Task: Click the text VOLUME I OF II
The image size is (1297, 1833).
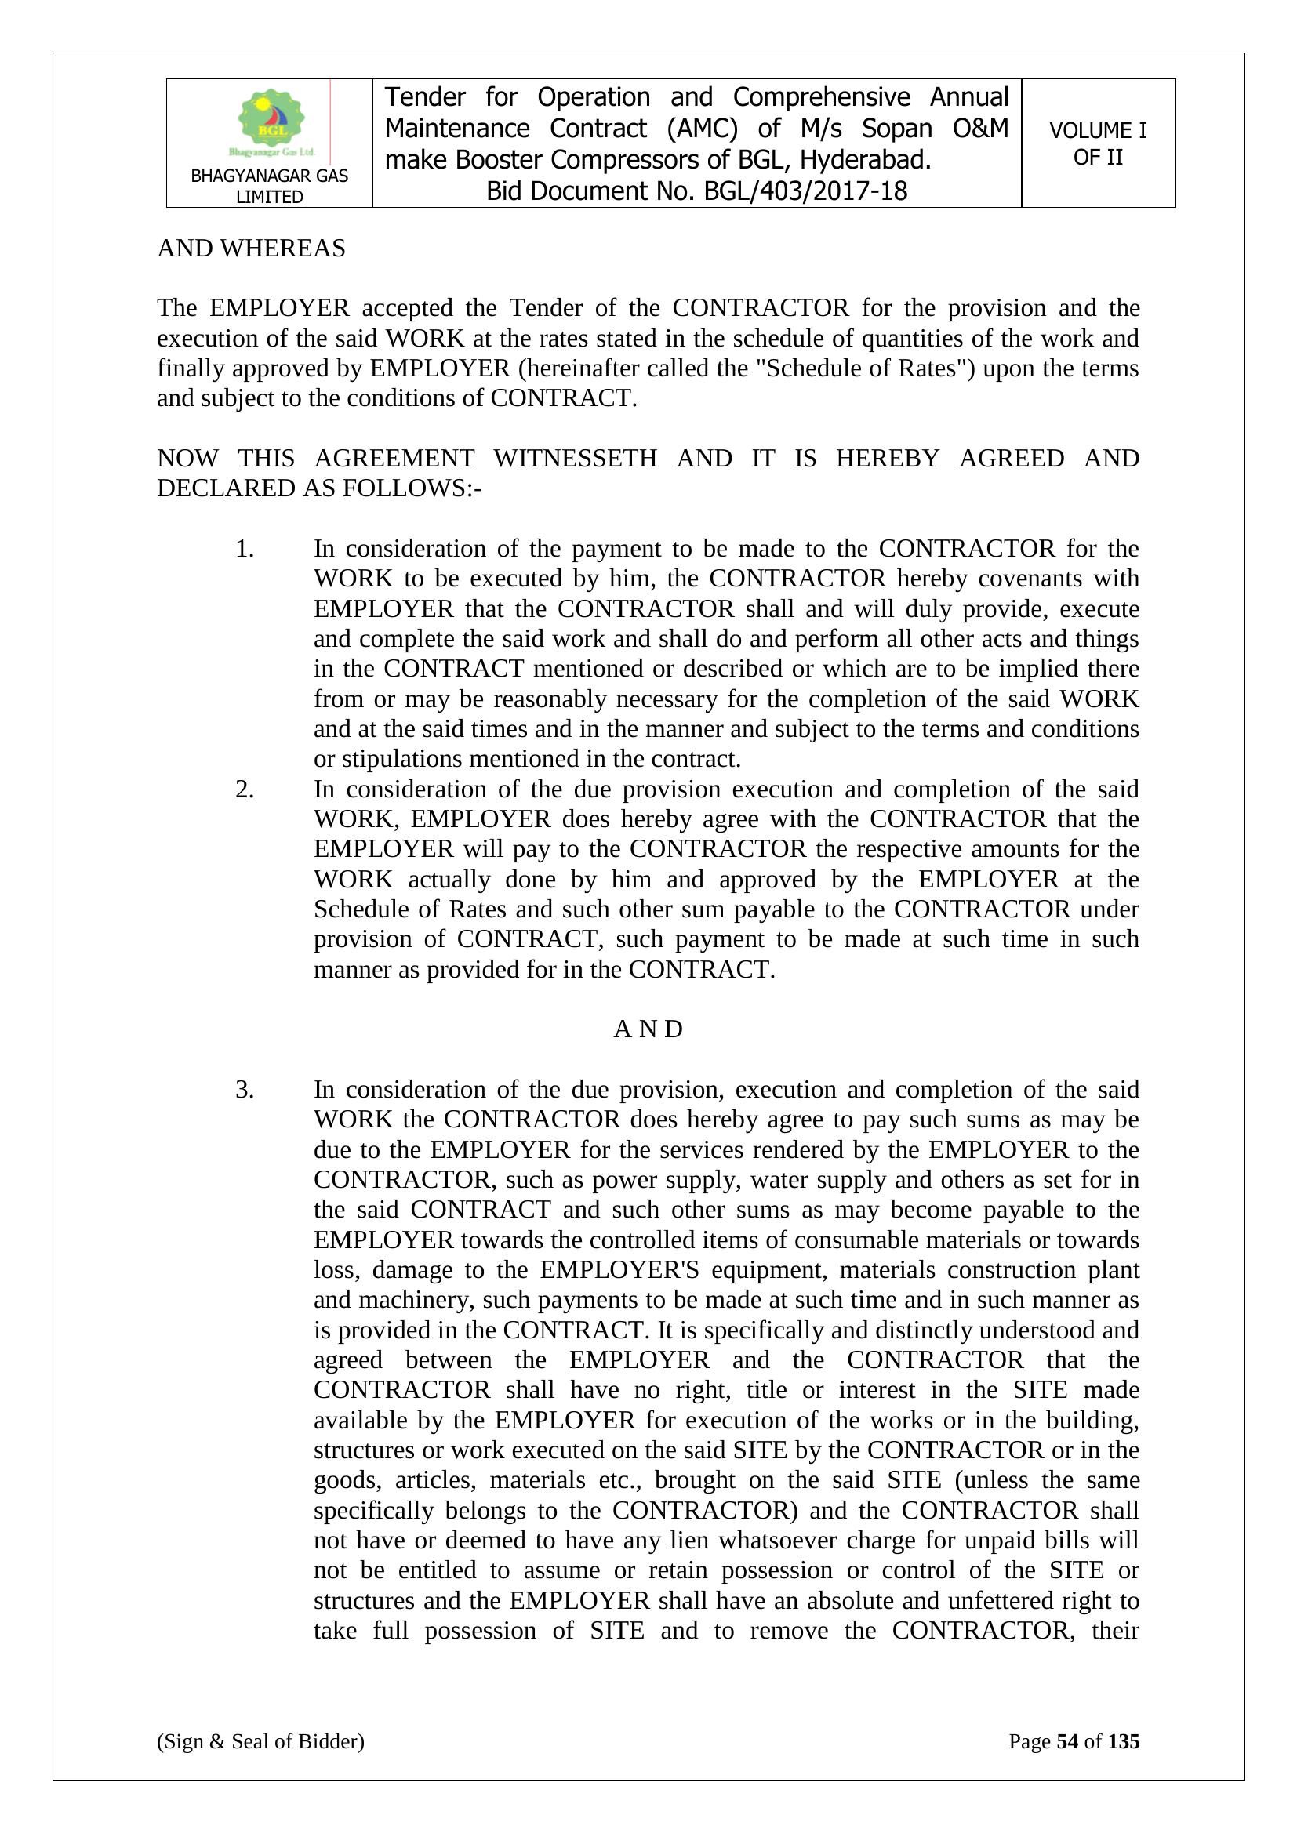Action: [1097, 143]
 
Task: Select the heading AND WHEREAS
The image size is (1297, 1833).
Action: [251, 249]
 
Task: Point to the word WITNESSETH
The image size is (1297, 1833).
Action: [575, 458]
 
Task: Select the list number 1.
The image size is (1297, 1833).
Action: [245, 549]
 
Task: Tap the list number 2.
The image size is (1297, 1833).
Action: [245, 789]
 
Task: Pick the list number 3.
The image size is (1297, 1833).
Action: [245, 1089]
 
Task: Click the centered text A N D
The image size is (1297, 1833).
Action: [648, 1029]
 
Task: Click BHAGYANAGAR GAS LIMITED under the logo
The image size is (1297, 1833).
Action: [269, 186]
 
